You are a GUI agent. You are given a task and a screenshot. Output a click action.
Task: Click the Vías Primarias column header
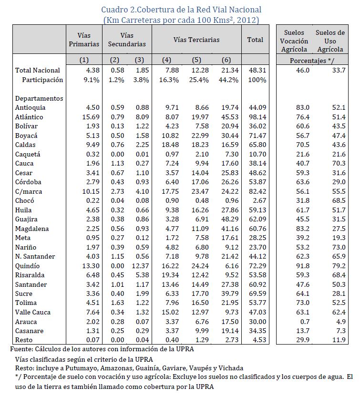pyautogui.click(x=84, y=40)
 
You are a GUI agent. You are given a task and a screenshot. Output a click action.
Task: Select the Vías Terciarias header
pyautogui.click(x=196, y=40)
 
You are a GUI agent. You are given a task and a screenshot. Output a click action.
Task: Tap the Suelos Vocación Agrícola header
pyautogui.click(x=294, y=40)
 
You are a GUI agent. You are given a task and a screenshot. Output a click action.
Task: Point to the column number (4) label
pyautogui.click(x=166, y=60)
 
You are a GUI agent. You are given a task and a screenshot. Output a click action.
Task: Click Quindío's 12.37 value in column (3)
pyautogui.click(x=139, y=266)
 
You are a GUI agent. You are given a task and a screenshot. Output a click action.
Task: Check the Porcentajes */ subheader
pyautogui.click(x=312, y=61)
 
